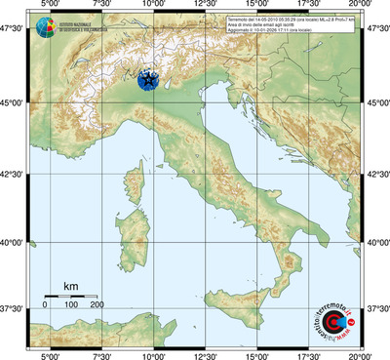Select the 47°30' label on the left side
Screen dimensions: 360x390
tap(14, 33)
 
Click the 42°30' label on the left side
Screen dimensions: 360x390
tap(14, 173)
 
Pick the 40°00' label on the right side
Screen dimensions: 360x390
tap(376, 242)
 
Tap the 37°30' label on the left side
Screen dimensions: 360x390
tap(14, 309)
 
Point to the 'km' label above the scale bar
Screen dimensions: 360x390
tap(70, 286)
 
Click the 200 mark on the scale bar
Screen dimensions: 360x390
tap(97, 305)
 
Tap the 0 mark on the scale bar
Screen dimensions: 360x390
tap(45, 305)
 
